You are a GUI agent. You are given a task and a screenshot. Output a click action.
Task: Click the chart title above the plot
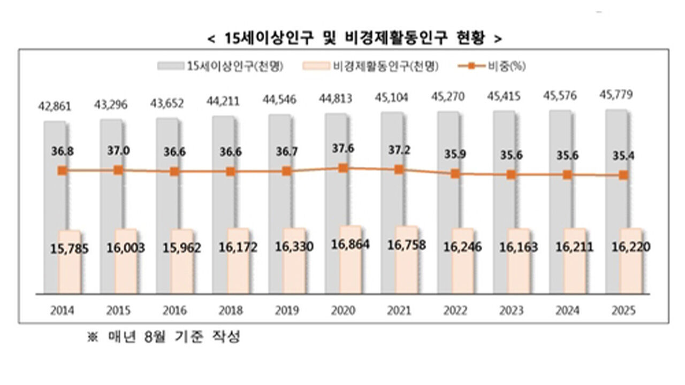click(x=354, y=38)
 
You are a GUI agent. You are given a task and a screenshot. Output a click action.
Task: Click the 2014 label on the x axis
click(x=63, y=311)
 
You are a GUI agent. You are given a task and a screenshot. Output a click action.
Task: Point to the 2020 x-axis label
click(x=343, y=311)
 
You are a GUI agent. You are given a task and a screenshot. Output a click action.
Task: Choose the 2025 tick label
click(x=623, y=311)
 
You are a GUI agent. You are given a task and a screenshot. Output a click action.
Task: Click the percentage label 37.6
click(x=343, y=150)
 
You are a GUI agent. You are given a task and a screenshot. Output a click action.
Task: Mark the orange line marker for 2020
click(x=343, y=168)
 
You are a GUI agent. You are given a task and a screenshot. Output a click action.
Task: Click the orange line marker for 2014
click(x=63, y=171)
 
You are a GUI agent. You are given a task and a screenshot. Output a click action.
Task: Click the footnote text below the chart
click(x=163, y=338)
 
